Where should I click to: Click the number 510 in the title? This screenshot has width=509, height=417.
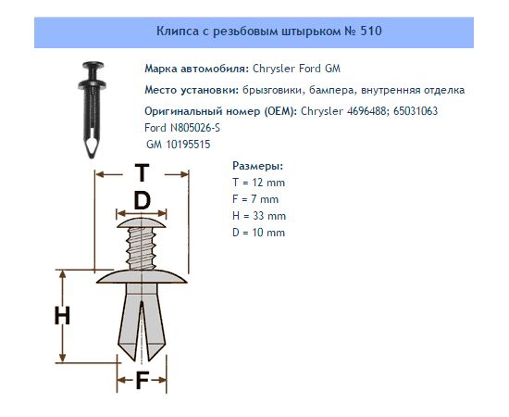click(371, 32)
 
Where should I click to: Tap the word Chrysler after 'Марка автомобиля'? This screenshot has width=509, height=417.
click(274, 69)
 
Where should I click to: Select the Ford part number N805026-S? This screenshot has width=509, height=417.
click(195, 128)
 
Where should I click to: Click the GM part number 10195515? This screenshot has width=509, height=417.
click(188, 145)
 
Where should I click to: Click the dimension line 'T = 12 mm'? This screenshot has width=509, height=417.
click(259, 183)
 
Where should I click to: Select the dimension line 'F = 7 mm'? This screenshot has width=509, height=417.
click(255, 199)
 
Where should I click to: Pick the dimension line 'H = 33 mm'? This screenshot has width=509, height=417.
click(259, 216)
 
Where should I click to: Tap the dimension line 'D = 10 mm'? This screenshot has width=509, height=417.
click(259, 233)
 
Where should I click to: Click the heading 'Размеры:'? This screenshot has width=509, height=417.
click(258, 166)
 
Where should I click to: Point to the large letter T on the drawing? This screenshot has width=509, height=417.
click(142, 173)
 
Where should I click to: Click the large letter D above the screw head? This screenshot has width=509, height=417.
click(143, 200)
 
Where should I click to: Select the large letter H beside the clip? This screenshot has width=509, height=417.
click(62, 316)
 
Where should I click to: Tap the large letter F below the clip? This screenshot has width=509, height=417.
click(142, 380)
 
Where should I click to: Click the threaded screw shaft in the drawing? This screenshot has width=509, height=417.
click(142, 248)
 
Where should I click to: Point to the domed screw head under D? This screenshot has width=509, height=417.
click(142, 223)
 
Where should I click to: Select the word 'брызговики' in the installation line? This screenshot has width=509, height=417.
click(272, 90)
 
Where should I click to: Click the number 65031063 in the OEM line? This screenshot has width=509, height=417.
click(416, 111)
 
